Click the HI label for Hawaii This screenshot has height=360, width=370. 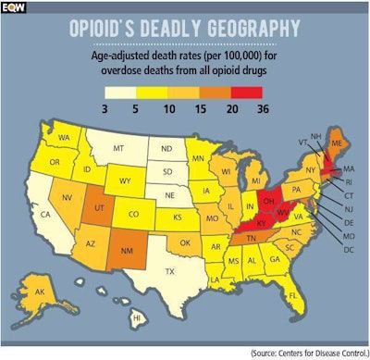[137, 317]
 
